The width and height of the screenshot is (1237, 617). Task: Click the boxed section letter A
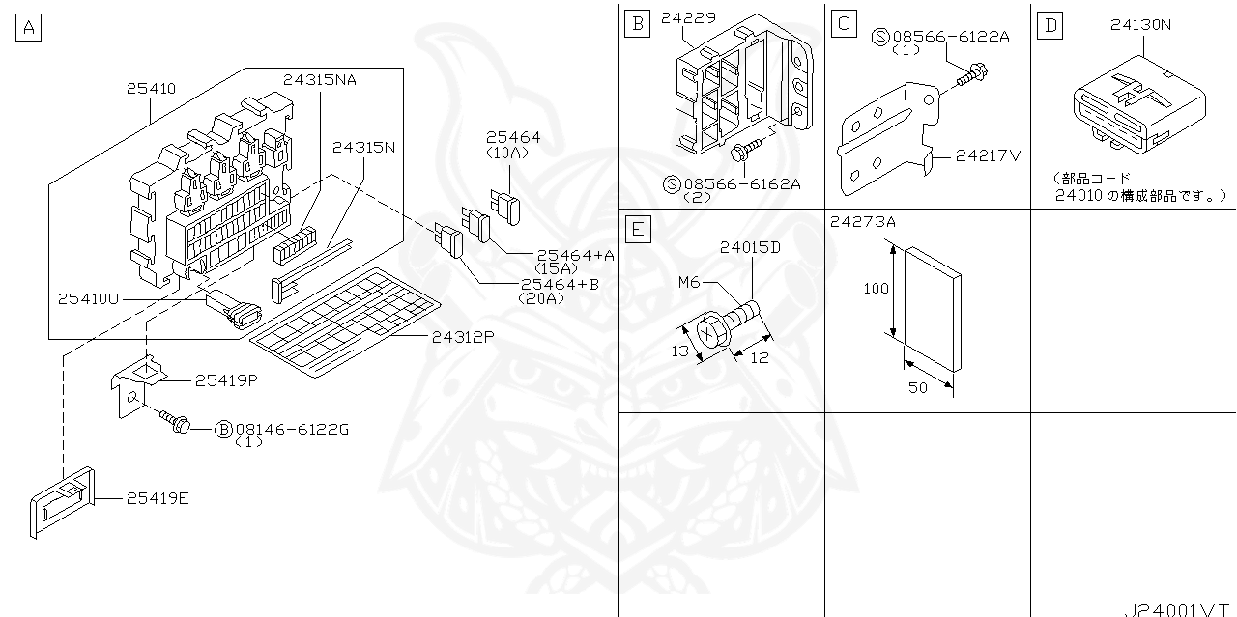(x=29, y=28)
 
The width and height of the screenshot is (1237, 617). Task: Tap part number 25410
(x=151, y=88)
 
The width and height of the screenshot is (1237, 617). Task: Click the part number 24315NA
(x=320, y=79)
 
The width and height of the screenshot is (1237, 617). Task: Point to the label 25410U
(x=87, y=298)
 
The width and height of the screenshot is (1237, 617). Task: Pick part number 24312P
(x=463, y=337)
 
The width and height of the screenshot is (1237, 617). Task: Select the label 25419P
(x=226, y=380)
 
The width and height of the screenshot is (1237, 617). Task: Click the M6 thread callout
(x=689, y=282)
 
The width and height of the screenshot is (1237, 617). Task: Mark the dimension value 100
(x=876, y=289)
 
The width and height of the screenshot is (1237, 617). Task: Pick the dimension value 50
(x=917, y=387)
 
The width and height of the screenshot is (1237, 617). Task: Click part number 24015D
(x=749, y=247)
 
